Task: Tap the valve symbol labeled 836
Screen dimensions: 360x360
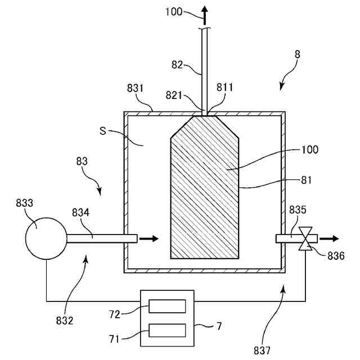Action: [x=306, y=238]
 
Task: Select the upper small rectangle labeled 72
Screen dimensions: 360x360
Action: [x=167, y=307]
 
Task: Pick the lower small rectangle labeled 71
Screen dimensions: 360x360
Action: [x=167, y=330]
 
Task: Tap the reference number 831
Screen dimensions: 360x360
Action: [x=135, y=88]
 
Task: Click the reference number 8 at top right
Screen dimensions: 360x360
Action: [x=297, y=55]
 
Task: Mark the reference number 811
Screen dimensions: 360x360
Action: [x=224, y=88]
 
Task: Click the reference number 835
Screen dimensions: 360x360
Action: [x=298, y=210]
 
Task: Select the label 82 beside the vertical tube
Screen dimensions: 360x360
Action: [x=177, y=66]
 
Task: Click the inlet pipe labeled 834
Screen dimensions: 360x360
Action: [x=101, y=238]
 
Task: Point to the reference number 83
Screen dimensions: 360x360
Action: [x=82, y=161]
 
